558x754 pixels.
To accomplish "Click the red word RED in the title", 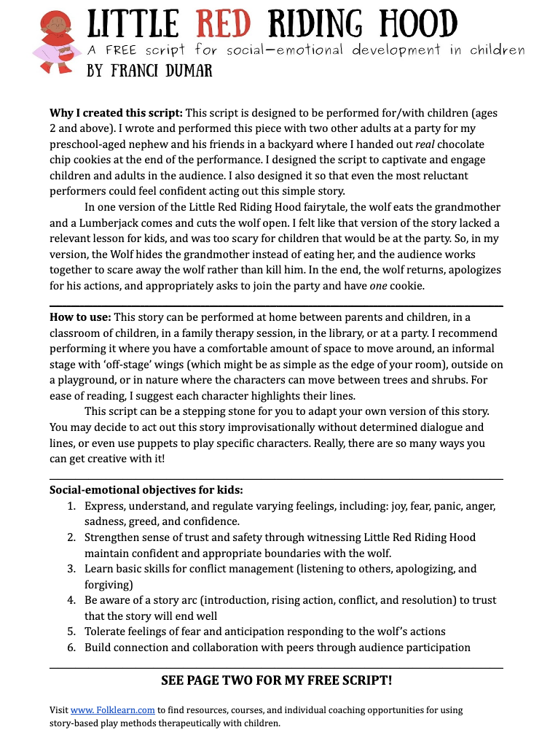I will pyautogui.click(x=223, y=26).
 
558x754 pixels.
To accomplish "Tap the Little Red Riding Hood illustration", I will pyautogui.click(x=55, y=42).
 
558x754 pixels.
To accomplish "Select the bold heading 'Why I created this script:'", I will pyautogui.click(x=117, y=113).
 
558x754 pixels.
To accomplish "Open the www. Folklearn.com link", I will pyautogui.click(x=113, y=710).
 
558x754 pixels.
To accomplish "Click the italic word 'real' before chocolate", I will pyautogui.click(x=425, y=144).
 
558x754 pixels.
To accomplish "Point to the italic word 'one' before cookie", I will pyautogui.click(x=378, y=286).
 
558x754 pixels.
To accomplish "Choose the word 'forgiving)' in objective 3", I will pyautogui.click(x=109, y=584).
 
